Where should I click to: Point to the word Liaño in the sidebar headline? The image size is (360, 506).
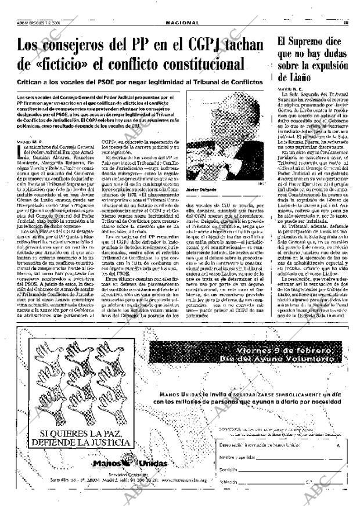[x=294, y=76]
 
